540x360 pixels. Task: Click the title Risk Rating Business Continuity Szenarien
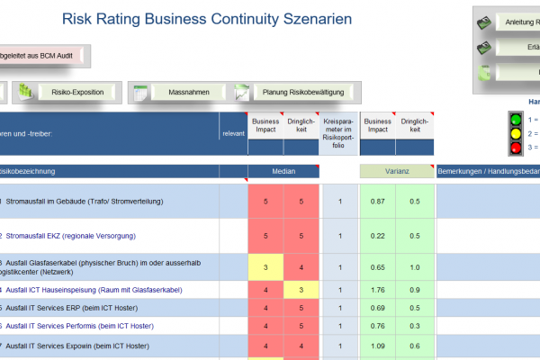(206, 19)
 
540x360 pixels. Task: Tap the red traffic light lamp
(517, 148)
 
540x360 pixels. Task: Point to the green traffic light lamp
(517, 119)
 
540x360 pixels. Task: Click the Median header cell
(283, 171)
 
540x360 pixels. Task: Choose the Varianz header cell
(396, 171)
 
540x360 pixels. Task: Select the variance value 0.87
(378, 202)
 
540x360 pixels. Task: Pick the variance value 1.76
(378, 290)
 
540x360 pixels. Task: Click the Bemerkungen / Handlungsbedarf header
(488, 171)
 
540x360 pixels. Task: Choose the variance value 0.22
(378, 236)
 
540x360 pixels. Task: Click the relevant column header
(232, 133)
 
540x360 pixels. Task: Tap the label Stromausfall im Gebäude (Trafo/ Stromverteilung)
(85, 202)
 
